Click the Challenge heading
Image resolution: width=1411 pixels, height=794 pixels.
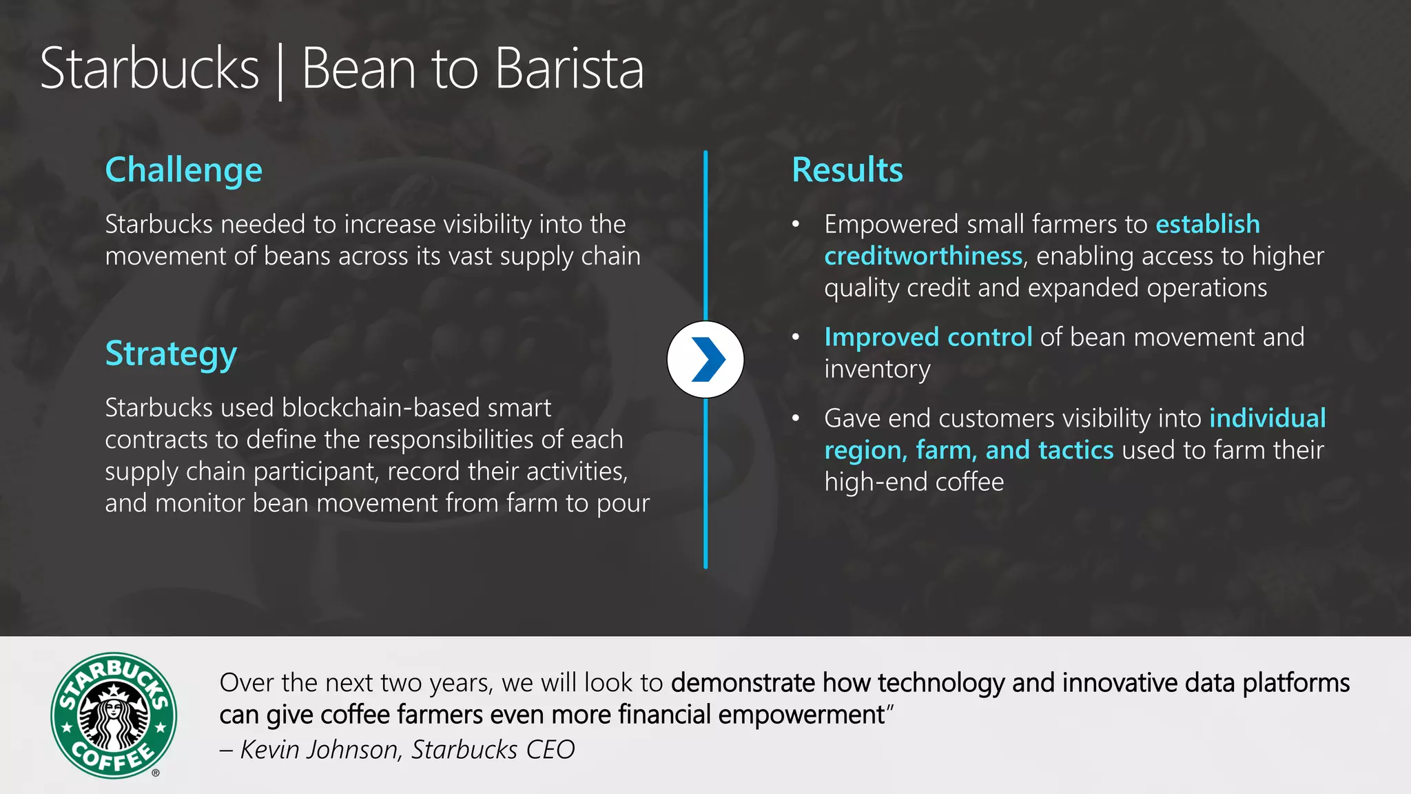pyautogui.click(x=183, y=170)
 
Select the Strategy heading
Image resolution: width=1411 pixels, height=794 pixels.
pyautogui.click(x=171, y=354)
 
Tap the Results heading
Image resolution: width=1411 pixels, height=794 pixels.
pyautogui.click(x=847, y=170)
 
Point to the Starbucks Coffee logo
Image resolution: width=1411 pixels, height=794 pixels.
pyautogui.click(x=114, y=715)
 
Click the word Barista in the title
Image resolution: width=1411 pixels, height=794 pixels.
pyautogui.click(x=569, y=69)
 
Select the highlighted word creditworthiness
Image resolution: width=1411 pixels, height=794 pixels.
pyautogui.click(x=923, y=256)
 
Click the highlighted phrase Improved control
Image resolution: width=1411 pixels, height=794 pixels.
pyautogui.click(x=928, y=337)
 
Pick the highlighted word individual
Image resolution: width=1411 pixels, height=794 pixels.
pyautogui.click(x=1268, y=418)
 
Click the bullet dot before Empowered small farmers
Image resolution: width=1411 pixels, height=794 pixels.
pyautogui.click(x=796, y=225)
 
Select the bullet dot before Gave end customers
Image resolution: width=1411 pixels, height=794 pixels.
pyautogui.click(x=796, y=418)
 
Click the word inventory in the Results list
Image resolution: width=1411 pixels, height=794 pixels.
pyautogui.click(x=877, y=369)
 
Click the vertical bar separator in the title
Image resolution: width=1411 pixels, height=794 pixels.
pyautogui.click(x=280, y=71)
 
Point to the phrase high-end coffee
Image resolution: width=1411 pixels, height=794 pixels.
pyautogui.click(x=914, y=482)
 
